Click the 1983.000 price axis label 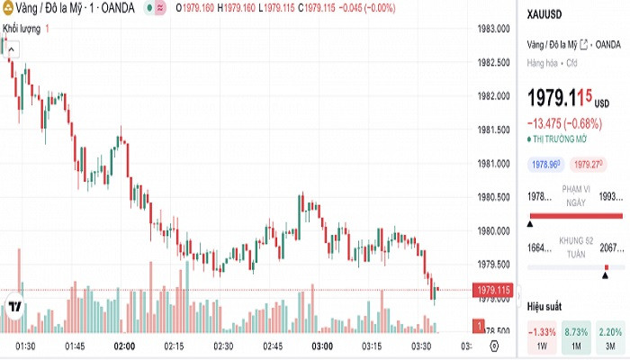[494, 29]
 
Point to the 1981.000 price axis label [494, 164]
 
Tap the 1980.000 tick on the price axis [494, 231]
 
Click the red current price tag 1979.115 [495, 290]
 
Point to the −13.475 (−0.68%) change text [564, 123]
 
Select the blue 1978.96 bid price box [546, 165]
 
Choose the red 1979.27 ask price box [589, 165]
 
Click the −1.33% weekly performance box [543, 337]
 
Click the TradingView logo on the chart [14, 307]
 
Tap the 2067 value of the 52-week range [612, 248]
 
